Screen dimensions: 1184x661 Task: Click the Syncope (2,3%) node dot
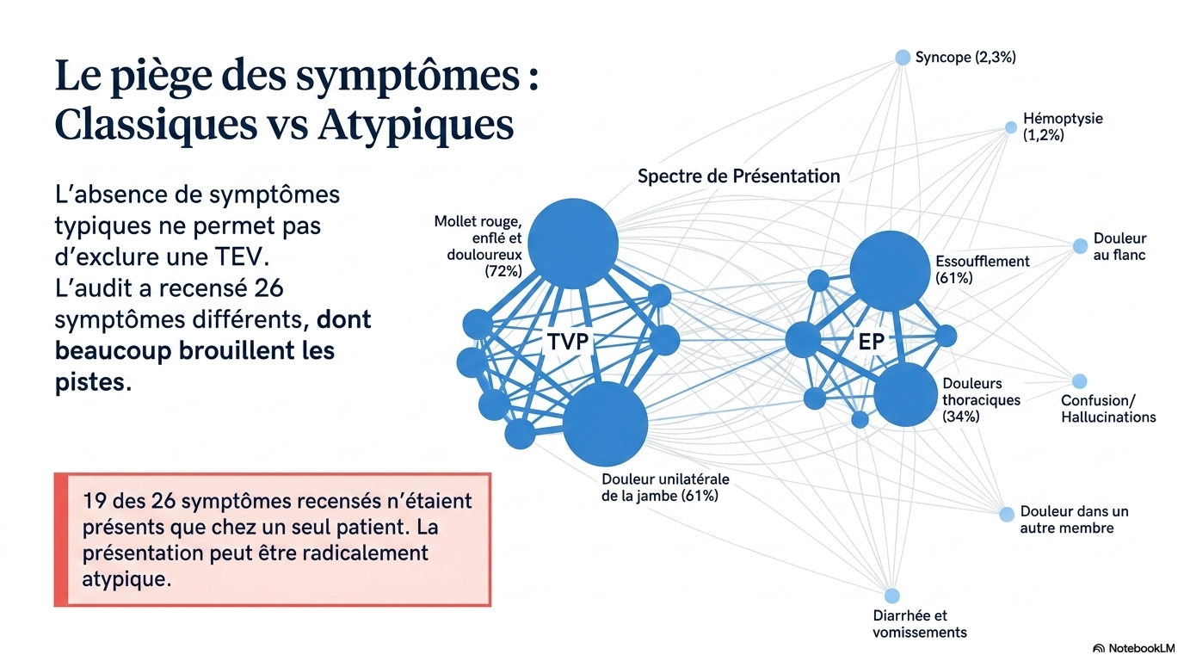tap(903, 57)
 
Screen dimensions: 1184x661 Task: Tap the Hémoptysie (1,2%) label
tap(1063, 127)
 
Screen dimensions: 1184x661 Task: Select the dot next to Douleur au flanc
tap(1081, 246)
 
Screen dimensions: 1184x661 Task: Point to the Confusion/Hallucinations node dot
tap(1079, 381)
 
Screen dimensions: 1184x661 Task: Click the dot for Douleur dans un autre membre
tap(1007, 514)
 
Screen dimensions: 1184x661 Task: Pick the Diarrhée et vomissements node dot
tap(891, 596)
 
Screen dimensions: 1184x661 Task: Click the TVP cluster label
tap(568, 342)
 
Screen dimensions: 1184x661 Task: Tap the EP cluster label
tap(871, 342)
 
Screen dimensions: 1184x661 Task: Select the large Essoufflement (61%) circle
tap(890, 271)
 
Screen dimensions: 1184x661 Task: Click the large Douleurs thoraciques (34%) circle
tap(905, 394)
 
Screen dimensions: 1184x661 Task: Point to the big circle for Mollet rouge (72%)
tap(573, 244)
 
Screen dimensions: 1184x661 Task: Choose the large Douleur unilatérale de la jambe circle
tap(605, 423)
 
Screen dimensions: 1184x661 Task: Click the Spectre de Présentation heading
tap(738, 176)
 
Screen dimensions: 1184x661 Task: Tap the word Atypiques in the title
tap(416, 125)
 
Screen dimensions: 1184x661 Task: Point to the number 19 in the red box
tap(95, 501)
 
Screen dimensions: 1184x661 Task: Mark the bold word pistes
tap(93, 382)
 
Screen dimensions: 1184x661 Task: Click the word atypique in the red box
tap(126, 579)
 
